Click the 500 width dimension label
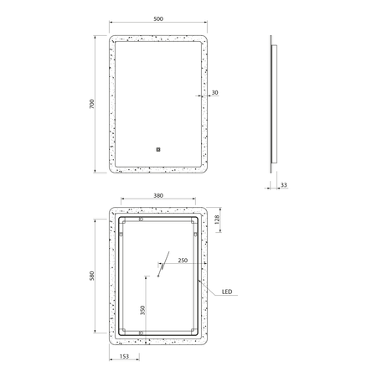158,19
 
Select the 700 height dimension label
92,104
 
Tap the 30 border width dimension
214,92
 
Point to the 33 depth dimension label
284,185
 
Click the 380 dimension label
158,196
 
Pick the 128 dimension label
217,219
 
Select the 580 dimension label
92,276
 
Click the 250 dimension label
183,261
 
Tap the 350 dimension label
142,310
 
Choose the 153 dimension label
124,356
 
